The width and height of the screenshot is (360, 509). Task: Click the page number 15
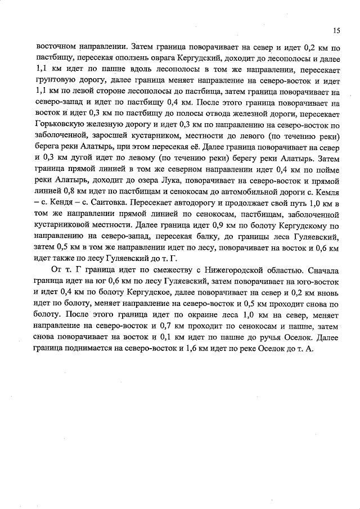point(336,30)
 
